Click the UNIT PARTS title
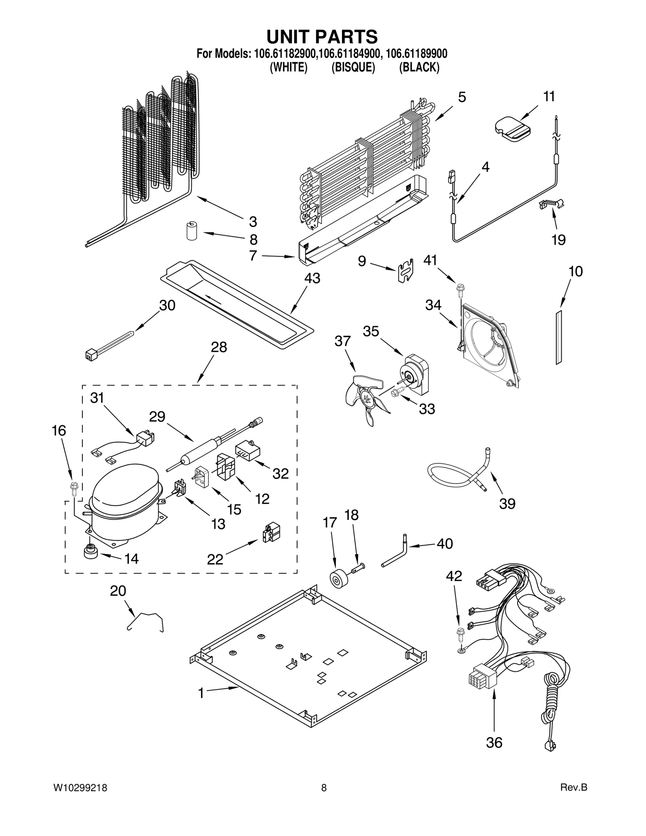322,37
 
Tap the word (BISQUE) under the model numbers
353,67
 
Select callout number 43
312,278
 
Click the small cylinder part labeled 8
191,231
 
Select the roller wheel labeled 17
338,579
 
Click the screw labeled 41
460,288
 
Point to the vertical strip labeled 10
559,337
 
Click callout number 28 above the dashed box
219,347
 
